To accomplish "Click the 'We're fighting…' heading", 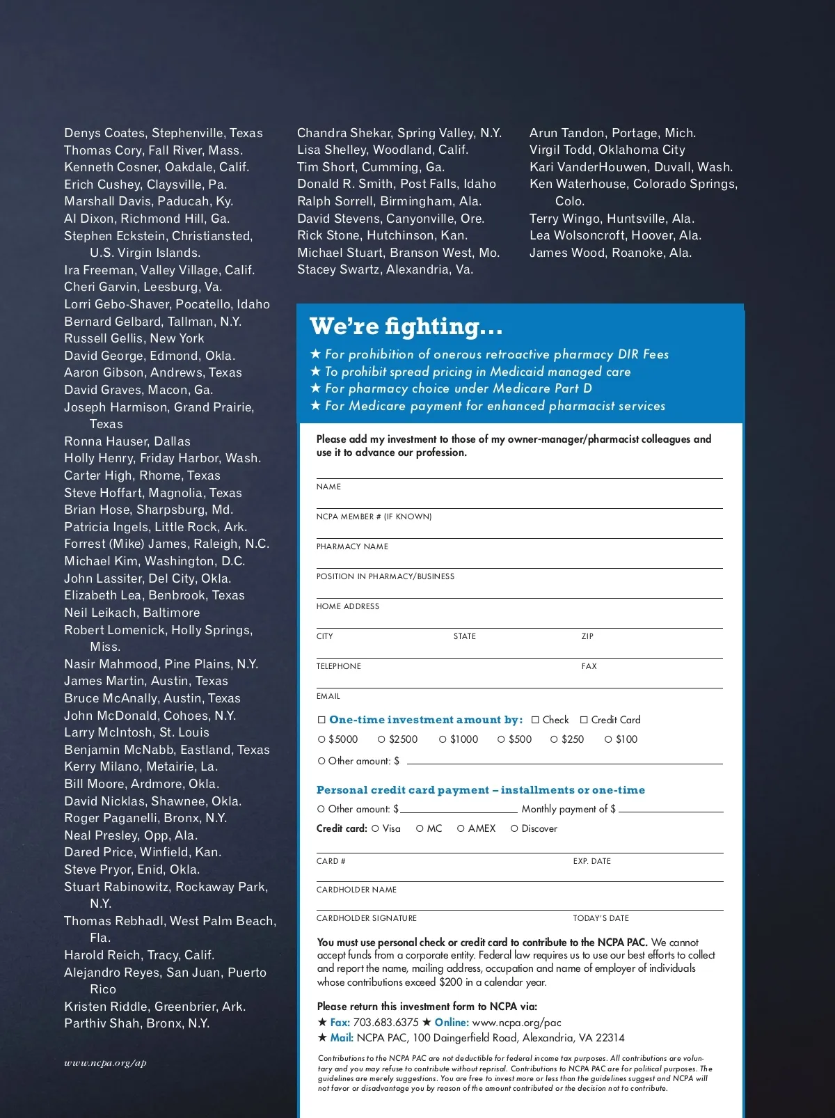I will (x=406, y=326).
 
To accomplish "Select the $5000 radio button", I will (x=321, y=739).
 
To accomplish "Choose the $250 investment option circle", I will (x=554, y=739).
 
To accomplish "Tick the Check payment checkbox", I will (x=535, y=720).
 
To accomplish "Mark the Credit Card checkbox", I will (x=584, y=720).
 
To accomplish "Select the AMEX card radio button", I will (x=461, y=828).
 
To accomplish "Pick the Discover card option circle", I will (x=514, y=828).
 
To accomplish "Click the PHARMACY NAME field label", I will (x=352, y=546).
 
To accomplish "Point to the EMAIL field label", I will (x=328, y=696).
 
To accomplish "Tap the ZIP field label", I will (x=587, y=636).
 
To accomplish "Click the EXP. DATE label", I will (x=591, y=861).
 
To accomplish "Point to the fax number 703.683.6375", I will (x=385, y=1022).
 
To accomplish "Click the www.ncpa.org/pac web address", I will (x=516, y=1022).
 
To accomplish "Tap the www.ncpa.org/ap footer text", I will (x=105, y=1062).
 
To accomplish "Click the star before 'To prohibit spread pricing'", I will (x=315, y=372).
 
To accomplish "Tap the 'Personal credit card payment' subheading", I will (x=480, y=790).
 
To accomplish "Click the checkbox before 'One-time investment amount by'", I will (x=321, y=720).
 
